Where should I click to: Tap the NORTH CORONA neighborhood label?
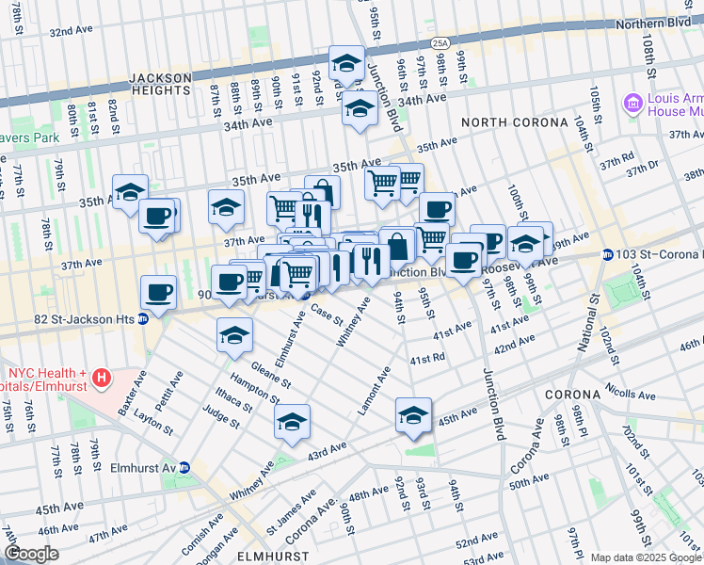point(514,122)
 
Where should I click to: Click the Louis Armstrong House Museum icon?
point(632,102)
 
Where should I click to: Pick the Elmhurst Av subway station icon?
point(185,467)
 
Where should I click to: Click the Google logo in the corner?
point(32,554)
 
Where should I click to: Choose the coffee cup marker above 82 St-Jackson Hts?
point(158,291)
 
